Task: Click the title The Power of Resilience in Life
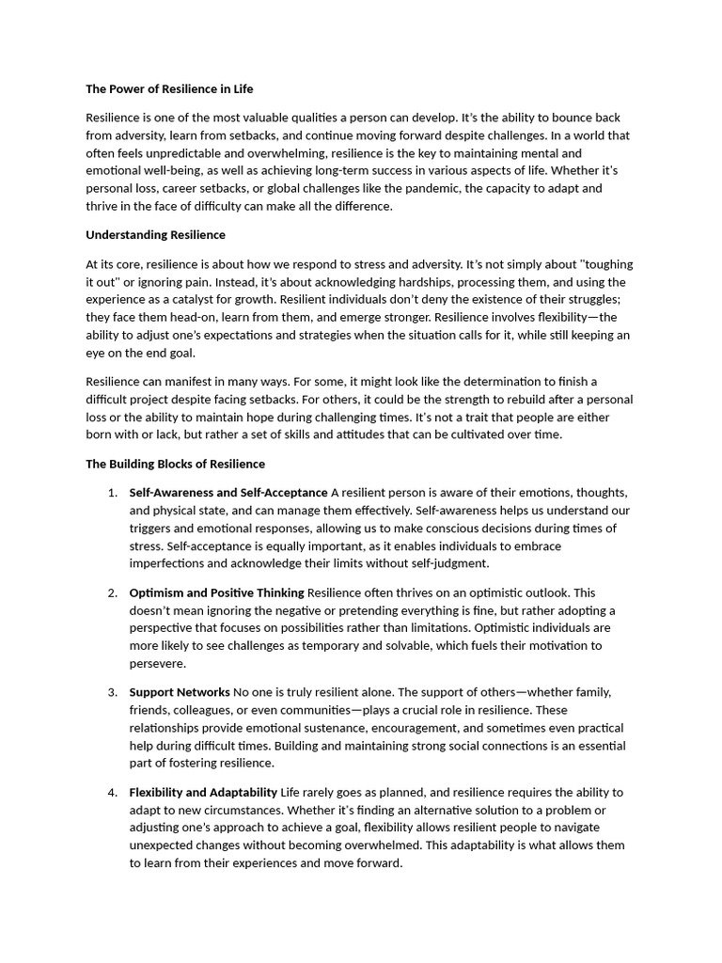coord(169,89)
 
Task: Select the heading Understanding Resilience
coord(155,234)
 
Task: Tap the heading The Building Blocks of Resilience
coord(175,464)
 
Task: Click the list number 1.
coord(112,493)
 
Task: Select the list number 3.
coord(112,692)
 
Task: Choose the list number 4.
coord(112,792)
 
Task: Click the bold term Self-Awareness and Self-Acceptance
coord(228,493)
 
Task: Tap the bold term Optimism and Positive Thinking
coord(216,592)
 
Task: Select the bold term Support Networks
coord(180,692)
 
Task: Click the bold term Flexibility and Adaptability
coord(203,792)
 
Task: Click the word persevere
coord(158,663)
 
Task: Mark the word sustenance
coord(331,728)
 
